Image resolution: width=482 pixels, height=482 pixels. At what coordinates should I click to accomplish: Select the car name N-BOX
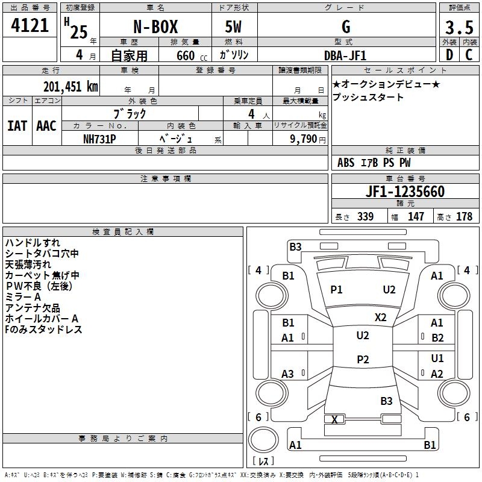coord(155,27)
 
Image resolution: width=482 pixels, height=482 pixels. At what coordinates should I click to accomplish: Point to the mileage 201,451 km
coord(70,86)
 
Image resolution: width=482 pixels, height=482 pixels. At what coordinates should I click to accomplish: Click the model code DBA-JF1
coord(345,55)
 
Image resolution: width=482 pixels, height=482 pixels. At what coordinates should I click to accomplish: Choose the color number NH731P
coord(99,139)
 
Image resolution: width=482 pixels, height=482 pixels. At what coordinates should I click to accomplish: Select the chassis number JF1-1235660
coord(405,192)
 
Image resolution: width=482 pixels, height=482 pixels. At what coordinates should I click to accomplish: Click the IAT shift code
coord(17,126)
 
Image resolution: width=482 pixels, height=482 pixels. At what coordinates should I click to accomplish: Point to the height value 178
coord(464,216)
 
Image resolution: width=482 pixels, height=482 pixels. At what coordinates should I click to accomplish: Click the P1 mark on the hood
coord(336,290)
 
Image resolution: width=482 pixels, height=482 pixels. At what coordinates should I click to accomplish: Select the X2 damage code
coord(380,318)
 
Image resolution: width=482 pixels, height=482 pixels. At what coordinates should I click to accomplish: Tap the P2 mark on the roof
coord(362,360)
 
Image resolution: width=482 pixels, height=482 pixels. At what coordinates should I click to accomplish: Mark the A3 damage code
coord(288,374)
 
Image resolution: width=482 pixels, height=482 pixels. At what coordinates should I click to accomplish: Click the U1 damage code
coord(437,358)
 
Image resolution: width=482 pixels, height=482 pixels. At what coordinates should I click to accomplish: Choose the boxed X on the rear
coord(334,419)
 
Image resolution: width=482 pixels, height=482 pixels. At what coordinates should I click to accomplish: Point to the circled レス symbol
coord(263,462)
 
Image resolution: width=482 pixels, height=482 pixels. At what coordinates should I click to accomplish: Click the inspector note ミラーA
coord(23,297)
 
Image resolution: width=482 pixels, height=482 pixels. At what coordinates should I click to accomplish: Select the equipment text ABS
coord(346,163)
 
